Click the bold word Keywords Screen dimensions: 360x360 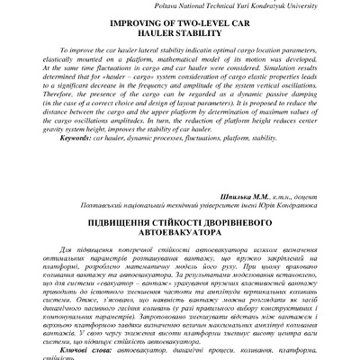69,164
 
